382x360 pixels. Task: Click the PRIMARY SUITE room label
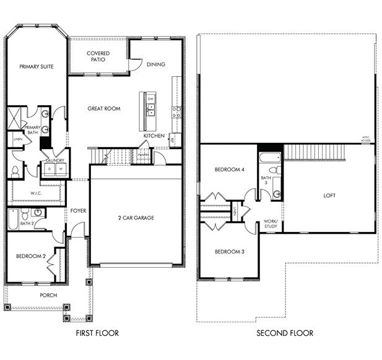point(34,66)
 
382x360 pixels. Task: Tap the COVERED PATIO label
point(98,57)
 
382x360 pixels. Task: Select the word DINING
point(155,64)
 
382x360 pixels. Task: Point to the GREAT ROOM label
point(103,108)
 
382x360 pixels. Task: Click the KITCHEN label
point(154,135)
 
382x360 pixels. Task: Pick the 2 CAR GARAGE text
point(136,218)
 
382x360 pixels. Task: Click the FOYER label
point(78,211)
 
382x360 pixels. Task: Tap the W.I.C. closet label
point(35,193)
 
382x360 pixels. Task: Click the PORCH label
point(48,296)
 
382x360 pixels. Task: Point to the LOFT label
point(329,195)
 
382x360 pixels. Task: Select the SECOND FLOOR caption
point(286,333)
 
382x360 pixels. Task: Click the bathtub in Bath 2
point(13,218)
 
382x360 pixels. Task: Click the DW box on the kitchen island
point(150,99)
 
